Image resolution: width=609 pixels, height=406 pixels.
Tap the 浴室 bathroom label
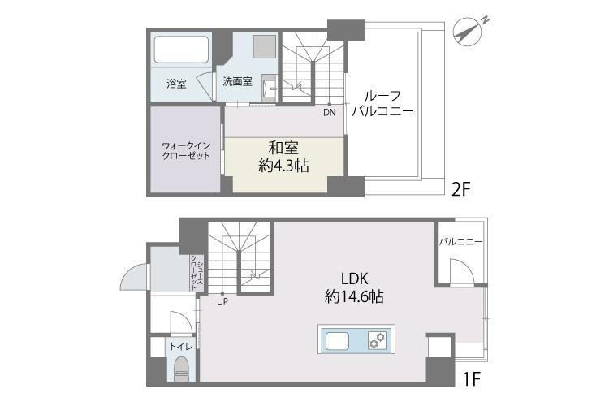pos(176,83)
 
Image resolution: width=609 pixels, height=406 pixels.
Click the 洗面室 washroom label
pos(237,81)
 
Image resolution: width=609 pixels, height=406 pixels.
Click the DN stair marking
pos(329,112)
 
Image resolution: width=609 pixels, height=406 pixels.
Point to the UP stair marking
pos(222,302)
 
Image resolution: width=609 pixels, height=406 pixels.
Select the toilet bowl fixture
pos(180,369)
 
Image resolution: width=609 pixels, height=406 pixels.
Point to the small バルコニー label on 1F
pos(461,241)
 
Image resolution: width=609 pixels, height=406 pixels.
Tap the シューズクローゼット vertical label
pos(195,274)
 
